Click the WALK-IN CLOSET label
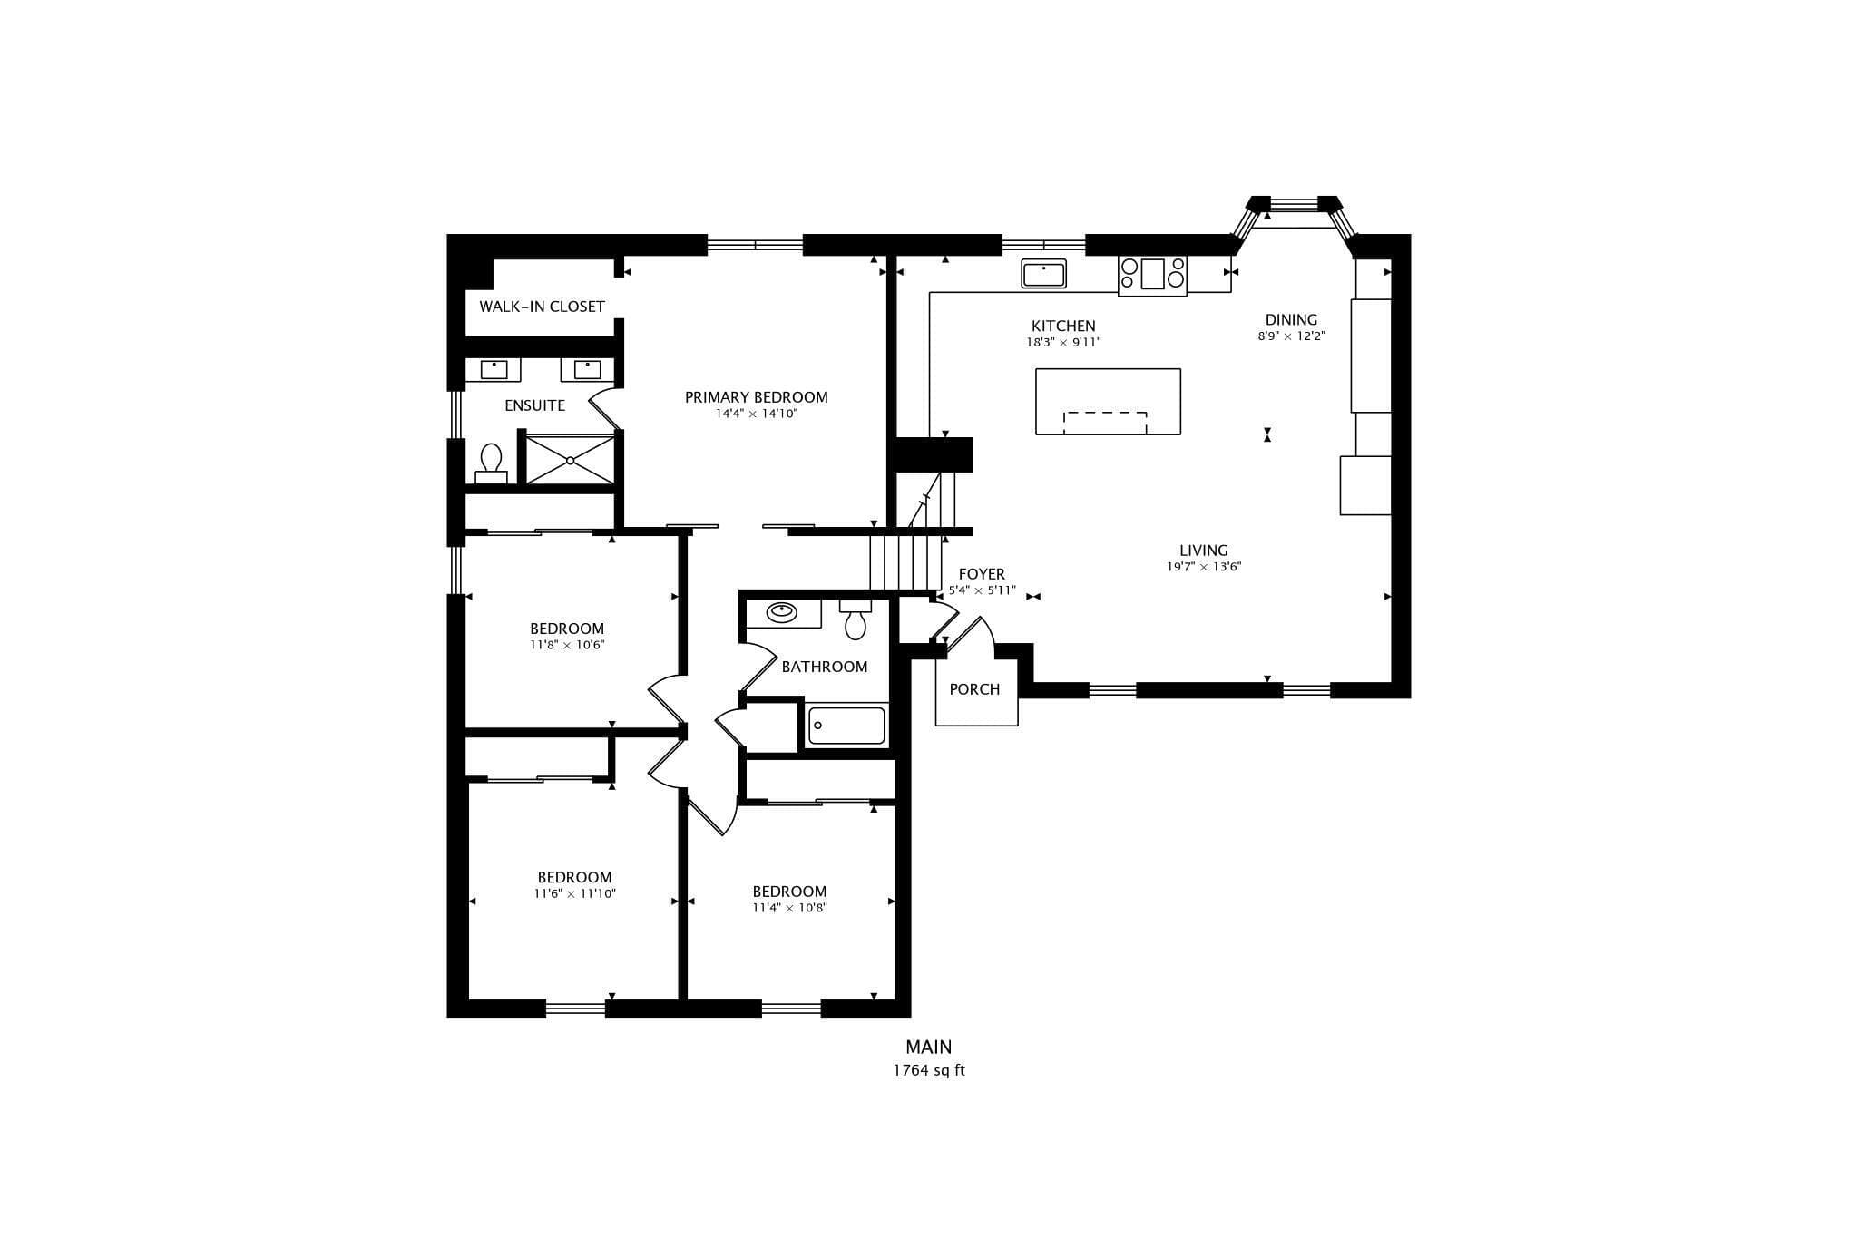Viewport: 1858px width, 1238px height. pyautogui.click(x=542, y=307)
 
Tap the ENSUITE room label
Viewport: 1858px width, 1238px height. pyautogui.click(x=534, y=405)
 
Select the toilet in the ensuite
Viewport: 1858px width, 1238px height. pyautogui.click(x=491, y=463)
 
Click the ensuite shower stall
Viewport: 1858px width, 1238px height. pyautogui.click(x=571, y=460)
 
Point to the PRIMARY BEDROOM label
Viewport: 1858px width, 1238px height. pyautogui.click(x=756, y=397)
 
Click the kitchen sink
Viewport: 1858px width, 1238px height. pyautogui.click(x=1043, y=273)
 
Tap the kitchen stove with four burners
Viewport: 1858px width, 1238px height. pyautogui.click(x=1152, y=275)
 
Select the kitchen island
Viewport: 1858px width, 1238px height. pyautogui.click(x=1108, y=402)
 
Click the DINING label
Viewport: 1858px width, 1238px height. pyautogui.click(x=1291, y=319)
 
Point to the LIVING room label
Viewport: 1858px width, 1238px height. pyautogui.click(x=1204, y=550)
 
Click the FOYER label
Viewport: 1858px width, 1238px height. pyautogui.click(x=982, y=574)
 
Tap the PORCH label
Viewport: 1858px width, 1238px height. pyautogui.click(x=974, y=689)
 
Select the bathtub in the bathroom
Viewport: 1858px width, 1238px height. pyautogui.click(x=846, y=726)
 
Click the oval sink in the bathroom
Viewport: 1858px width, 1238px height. pyautogui.click(x=781, y=612)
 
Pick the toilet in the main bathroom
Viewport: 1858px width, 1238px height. pyautogui.click(x=855, y=619)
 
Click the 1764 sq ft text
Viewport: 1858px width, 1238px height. pyautogui.click(x=929, y=1070)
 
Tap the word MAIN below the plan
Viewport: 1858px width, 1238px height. pyautogui.click(x=929, y=1047)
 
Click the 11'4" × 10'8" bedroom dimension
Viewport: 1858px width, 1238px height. pyautogui.click(x=789, y=908)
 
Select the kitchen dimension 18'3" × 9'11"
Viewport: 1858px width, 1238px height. pyautogui.click(x=1063, y=343)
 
